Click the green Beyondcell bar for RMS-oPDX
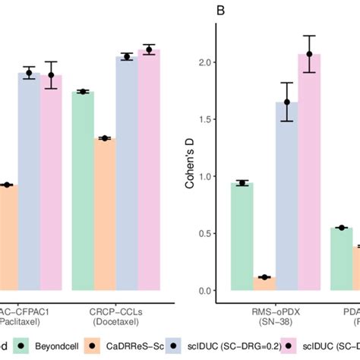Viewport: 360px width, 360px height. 242,235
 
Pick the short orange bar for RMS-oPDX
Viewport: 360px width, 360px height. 264,283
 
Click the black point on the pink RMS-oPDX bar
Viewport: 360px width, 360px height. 309,54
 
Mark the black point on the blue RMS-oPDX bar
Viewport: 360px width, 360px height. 287,102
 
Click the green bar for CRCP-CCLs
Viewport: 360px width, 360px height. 83,190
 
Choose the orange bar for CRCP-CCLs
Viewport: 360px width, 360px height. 105,213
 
